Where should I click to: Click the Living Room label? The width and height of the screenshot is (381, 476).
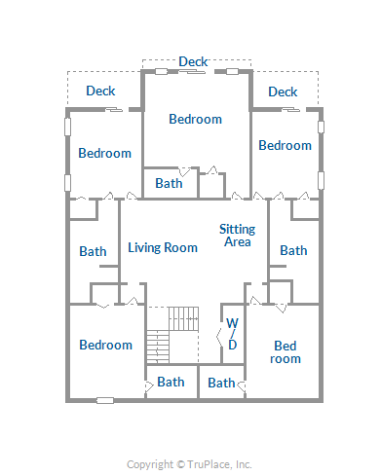163,248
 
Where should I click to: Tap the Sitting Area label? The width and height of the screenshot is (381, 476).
238,236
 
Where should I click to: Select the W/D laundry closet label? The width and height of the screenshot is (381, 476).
233,334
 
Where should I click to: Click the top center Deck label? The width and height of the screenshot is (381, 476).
193,61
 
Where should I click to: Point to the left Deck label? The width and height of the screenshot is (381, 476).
100,91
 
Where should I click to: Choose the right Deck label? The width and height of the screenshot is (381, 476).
283,92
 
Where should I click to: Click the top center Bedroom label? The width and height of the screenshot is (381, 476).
196,119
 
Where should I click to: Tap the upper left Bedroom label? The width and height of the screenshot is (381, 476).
105,153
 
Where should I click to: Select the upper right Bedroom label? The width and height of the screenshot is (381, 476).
286,145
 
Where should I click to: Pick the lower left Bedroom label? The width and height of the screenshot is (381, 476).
106,345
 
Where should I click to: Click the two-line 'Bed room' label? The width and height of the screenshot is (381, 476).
286,352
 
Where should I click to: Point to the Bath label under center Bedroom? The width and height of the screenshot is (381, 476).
169,183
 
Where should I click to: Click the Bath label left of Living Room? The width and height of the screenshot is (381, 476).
93,251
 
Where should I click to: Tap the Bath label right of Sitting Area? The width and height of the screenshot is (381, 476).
293,250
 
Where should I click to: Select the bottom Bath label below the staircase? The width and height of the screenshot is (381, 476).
171,382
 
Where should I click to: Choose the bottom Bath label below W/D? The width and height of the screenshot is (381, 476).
221,383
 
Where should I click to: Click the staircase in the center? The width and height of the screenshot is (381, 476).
172,335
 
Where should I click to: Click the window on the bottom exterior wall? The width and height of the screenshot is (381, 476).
105,401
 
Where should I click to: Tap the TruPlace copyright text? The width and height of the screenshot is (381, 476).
189,464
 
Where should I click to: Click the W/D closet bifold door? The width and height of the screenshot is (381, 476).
219,338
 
